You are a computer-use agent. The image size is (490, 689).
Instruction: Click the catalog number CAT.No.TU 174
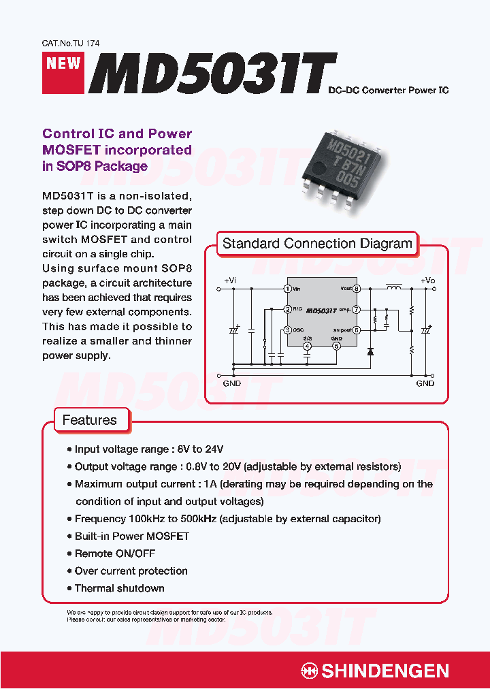tap(71, 43)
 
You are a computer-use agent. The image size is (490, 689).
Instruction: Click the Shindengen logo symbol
tap(310, 671)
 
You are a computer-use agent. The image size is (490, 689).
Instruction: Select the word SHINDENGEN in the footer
tap(385, 671)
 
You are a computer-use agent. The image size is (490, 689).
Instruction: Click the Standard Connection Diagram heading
tap(317, 244)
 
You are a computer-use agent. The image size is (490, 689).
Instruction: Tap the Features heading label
tap(89, 420)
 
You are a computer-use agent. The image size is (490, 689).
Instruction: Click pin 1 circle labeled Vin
tap(288, 289)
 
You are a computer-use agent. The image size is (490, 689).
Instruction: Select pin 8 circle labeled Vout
tap(357, 289)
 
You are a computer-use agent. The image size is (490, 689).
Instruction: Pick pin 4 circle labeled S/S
tap(308, 347)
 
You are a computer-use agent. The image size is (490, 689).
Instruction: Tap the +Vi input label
tap(230, 281)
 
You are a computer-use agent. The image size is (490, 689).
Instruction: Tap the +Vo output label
tap(427, 281)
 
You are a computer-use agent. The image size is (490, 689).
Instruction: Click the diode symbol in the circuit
tap(370, 352)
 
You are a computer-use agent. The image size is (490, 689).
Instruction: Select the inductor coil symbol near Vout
tap(393, 288)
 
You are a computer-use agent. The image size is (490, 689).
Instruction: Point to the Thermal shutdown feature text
tap(119, 588)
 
